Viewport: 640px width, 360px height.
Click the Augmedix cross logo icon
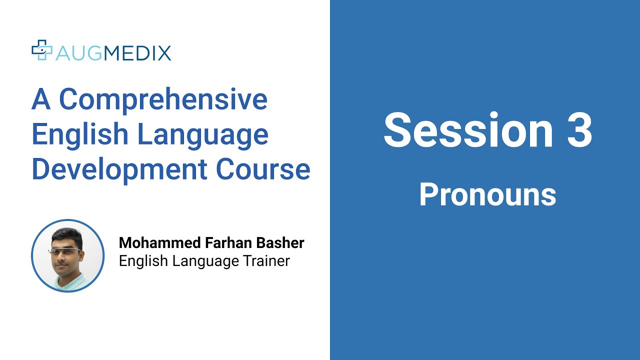click(42, 50)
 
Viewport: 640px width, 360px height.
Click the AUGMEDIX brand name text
click(113, 52)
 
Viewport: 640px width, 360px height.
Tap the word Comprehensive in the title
click(163, 100)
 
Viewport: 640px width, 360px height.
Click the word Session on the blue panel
click(468, 130)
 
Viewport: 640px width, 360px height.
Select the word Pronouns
click(487, 194)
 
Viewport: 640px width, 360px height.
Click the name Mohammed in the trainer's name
click(159, 243)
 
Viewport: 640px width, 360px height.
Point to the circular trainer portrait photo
click(68, 255)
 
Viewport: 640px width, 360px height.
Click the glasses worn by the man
click(64, 249)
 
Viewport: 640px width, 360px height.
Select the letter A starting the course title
click(41, 100)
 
